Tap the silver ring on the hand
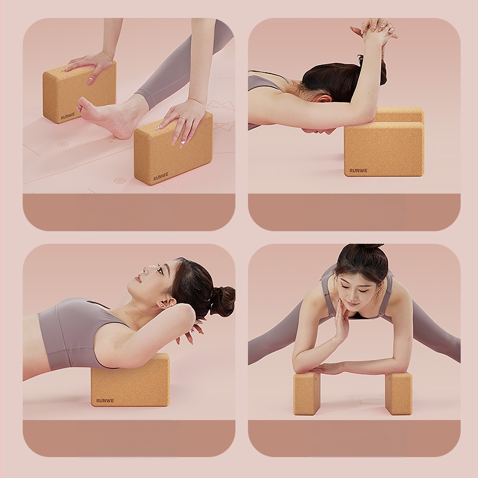[x=182, y=118]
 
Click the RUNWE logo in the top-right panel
[x=358, y=170]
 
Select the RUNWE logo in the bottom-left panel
[x=105, y=400]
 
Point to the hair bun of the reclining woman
[x=223, y=301]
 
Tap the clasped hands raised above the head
[x=375, y=30]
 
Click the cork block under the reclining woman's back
[x=130, y=380]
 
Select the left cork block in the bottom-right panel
[x=307, y=393]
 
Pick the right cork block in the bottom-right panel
[x=399, y=394]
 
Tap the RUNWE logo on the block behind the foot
[x=68, y=116]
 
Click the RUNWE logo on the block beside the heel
[x=161, y=176]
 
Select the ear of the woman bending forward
[x=323, y=99]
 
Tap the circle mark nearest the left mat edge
[x=63, y=144]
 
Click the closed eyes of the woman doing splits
[x=353, y=289]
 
